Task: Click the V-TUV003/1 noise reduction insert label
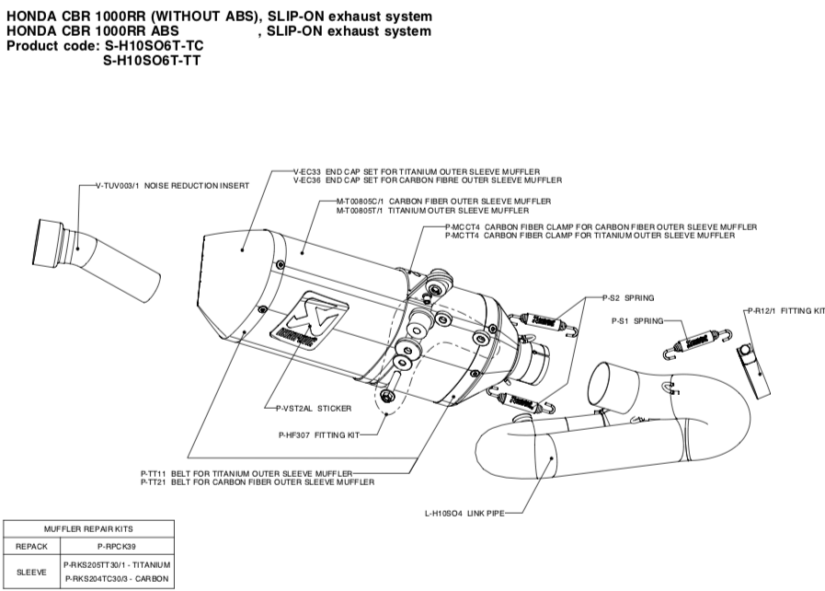point(172,186)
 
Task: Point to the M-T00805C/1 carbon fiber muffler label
point(443,201)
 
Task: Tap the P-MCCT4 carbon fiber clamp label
point(601,226)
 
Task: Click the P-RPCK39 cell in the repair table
point(115,546)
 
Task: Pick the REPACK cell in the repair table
point(31,546)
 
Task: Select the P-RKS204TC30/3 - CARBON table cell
point(115,578)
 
